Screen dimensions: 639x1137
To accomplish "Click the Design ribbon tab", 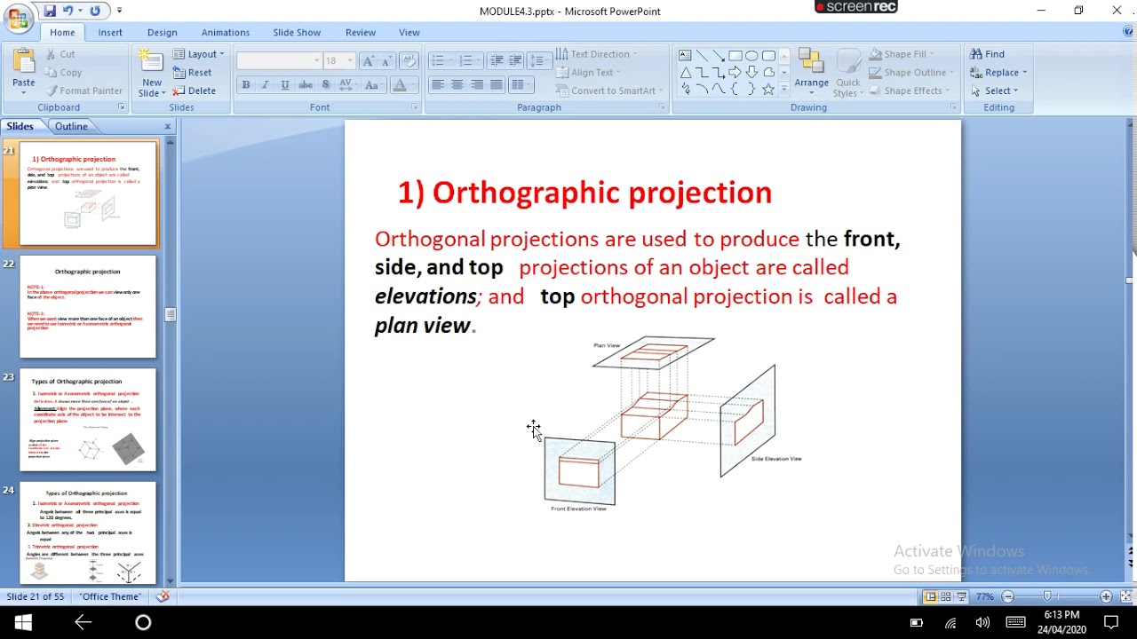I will pyautogui.click(x=162, y=33).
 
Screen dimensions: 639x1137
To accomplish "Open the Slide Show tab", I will pyautogui.click(x=297, y=33).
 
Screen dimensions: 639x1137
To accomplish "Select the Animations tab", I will pyautogui.click(x=226, y=33).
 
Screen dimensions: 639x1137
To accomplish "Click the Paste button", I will pyautogui.click(x=24, y=69).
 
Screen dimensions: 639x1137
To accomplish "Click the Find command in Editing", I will pyautogui.click(x=988, y=54).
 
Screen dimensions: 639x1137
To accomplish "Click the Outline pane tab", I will pyautogui.click(x=71, y=126).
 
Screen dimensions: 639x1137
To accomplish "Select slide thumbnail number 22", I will pyautogui.click(x=88, y=306).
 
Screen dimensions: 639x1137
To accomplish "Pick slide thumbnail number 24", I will pyautogui.click(x=88, y=532).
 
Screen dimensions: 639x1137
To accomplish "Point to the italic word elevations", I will pyautogui.click(x=425, y=296).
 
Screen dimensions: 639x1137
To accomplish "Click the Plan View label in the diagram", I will pyautogui.click(x=607, y=345).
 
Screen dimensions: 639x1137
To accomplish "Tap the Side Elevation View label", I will pyautogui.click(x=776, y=459).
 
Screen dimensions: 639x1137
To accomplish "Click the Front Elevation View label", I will pyautogui.click(x=578, y=509).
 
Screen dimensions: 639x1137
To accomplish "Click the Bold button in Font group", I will pyautogui.click(x=246, y=85).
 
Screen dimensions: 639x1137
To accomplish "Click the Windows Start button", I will pyautogui.click(x=23, y=622).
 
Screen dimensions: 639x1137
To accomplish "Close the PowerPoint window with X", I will pyautogui.click(x=1117, y=11).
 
